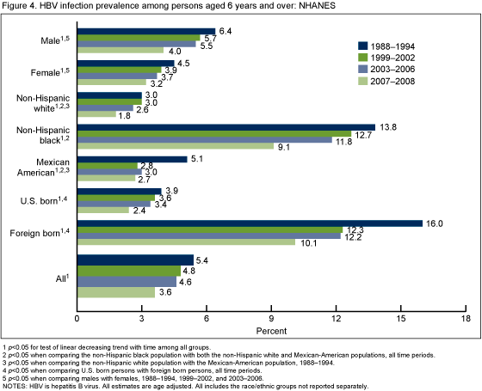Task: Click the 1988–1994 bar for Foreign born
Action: tap(250, 223)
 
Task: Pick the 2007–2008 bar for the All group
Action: tap(116, 292)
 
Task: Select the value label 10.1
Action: tap(308, 241)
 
